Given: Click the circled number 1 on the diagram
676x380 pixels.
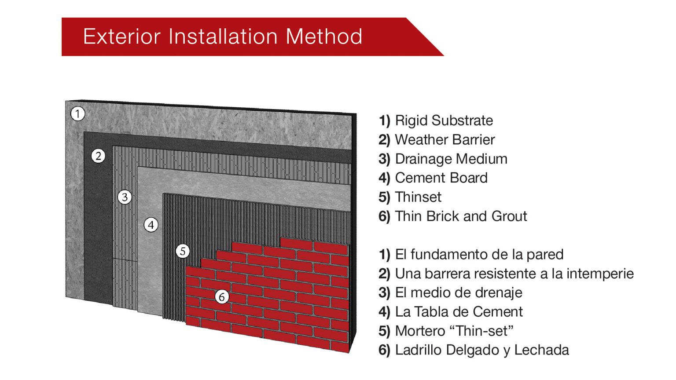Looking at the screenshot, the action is tap(77, 114).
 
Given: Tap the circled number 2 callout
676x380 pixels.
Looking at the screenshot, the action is tap(98, 156).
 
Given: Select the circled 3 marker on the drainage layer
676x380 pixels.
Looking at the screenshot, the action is tap(125, 197).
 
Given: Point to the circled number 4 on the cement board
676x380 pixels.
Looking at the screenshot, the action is tap(151, 225).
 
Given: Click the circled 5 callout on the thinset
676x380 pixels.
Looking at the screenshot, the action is tap(183, 251).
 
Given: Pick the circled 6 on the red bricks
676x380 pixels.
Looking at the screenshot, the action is tap(222, 297).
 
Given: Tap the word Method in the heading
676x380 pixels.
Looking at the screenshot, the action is tap(324, 37).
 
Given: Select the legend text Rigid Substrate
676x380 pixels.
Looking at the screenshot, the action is tap(444, 121).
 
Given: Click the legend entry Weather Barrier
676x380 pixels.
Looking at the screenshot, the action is tap(445, 140).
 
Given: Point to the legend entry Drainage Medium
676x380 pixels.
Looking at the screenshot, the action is tap(451, 159).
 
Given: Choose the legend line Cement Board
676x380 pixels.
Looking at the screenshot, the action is tap(441, 178).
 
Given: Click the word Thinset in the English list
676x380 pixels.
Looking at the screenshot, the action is tap(418, 197).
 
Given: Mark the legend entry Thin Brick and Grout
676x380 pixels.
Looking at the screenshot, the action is tap(461, 216).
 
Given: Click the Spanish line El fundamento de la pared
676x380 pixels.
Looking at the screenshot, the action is tap(479, 255).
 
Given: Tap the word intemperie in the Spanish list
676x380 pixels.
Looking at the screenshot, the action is tap(600, 274).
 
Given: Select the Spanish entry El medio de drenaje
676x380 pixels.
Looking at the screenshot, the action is tap(459, 293).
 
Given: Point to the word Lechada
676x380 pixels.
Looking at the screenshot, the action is tap(541, 350).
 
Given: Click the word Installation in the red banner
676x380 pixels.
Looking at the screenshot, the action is tap(223, 37).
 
